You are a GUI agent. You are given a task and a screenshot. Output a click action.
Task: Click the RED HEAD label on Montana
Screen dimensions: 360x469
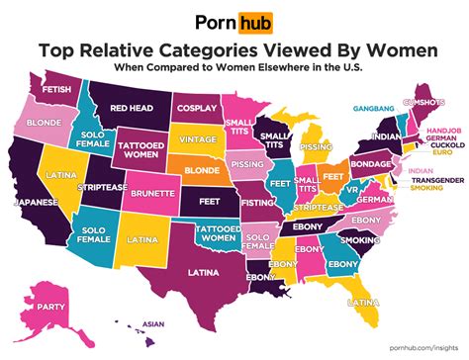[x=131, y=106]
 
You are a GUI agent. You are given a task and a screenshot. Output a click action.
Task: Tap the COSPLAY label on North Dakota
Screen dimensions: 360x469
[x=196, y=109]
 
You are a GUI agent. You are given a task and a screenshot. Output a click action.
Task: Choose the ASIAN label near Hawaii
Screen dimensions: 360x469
[x=153, y=323]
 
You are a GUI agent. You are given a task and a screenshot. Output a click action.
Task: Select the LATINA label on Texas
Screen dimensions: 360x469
[x=197, y=271]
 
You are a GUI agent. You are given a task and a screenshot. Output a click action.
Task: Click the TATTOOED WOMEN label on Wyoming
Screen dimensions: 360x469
[x=140, y=148]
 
